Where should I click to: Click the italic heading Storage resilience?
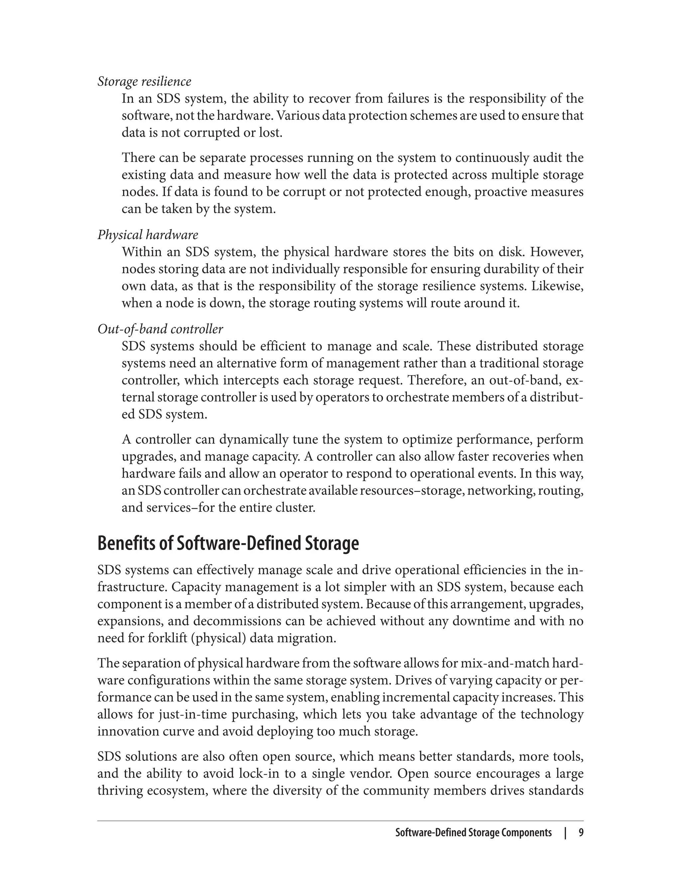point(144,81)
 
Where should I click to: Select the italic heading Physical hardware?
point(148,235)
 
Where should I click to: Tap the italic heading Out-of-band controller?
point(160,329)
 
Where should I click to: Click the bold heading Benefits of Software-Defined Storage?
point(228,543)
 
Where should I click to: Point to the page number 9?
point(581,833)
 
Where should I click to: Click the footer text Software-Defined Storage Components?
point(473,833)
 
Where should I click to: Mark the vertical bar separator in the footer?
point(565,833)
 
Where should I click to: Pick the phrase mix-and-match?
point(522,663)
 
